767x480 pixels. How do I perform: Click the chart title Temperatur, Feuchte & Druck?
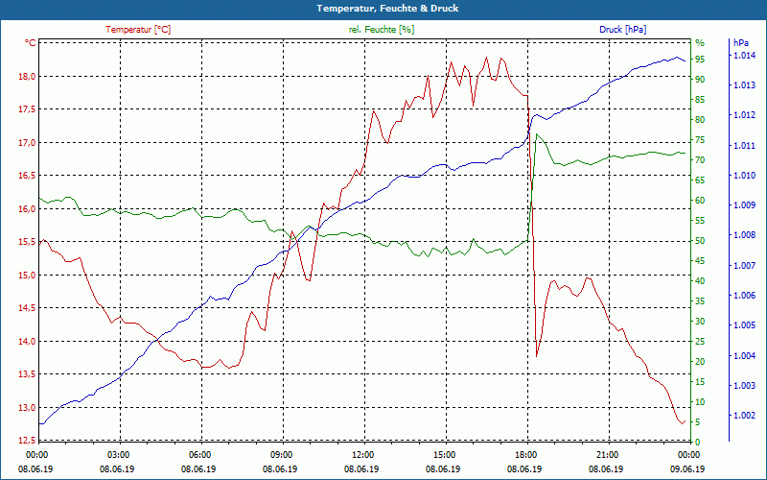(x=383, y=9)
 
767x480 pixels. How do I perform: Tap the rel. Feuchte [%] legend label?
(x=382, y=30)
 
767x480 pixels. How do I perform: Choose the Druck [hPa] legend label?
(x=622, y=30)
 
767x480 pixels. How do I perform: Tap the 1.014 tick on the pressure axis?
(x=744, y=56)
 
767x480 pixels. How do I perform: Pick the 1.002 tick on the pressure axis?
(x=744, y=416)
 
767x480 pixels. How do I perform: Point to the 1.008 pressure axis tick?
(x=744, y=235)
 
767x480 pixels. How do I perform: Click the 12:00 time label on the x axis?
(x=363, y=454)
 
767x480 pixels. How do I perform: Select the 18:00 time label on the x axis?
(x=525, y=454)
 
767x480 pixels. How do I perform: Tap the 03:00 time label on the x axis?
(x=119, y=454)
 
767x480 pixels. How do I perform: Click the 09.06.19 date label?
(x=687, y=468)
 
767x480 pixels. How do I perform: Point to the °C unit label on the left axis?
(x=30, y=43)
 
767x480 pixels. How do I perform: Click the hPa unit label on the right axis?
(x=740, y=43)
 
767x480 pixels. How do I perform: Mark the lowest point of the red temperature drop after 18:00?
(x=537, y=356)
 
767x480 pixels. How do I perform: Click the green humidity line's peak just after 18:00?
(x=538, y=134)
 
